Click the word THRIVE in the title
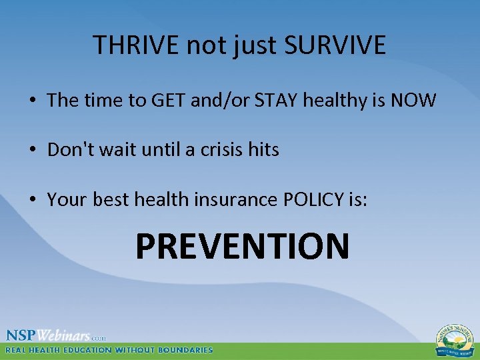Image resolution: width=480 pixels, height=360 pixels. click(x=135, y=45)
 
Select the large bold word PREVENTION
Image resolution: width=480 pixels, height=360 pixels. click(x=242, y=245)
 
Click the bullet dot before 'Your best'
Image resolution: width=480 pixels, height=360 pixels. click(x=32, y=200)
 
